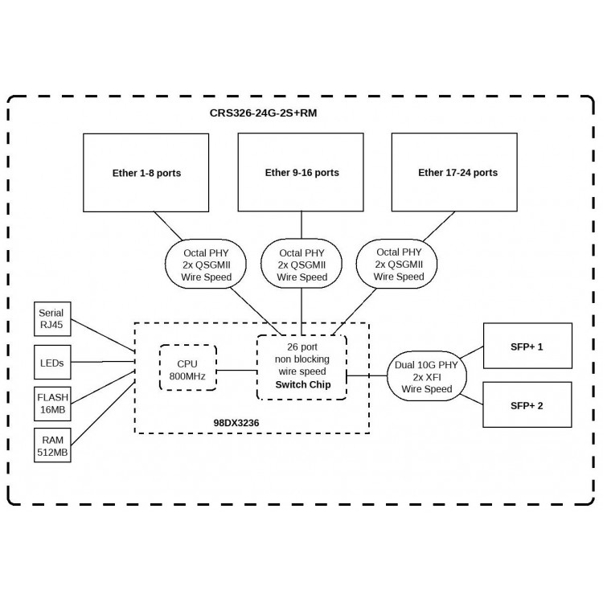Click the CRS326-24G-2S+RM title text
tap(263, 113)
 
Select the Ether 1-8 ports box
tap(146, 173)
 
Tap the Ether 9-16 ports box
tap(301, 172)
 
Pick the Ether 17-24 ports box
tap(454, 172)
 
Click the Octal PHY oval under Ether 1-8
tap(206, 265)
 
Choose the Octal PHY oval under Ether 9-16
tap(301, 265)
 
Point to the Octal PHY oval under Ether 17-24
tap(397, 265)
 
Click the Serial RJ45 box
tap(52, 319)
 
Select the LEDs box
tap(52, 363)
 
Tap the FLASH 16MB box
tap(52, 404)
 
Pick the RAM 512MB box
tap(52, 445)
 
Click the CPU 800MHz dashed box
tap(188, 367)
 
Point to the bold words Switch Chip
tap(303, 384)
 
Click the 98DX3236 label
tap(236, 423)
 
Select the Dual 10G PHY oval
tap(427, 376)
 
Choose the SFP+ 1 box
tap(527, 346)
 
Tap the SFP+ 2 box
tap(527, 404)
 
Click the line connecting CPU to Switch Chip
tap(237, 371)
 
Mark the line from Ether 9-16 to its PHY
tap(301, 225)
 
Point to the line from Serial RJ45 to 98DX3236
tap(103, 335)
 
